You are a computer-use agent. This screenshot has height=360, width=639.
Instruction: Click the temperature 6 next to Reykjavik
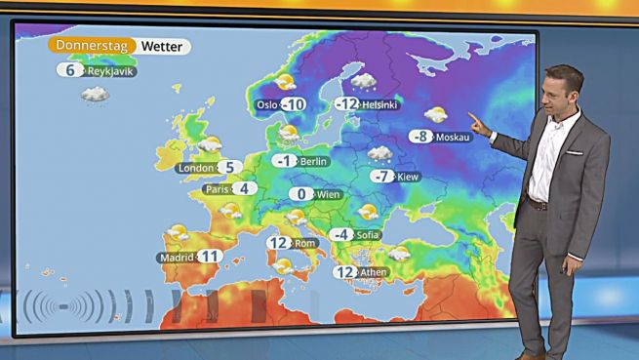coord(69,70)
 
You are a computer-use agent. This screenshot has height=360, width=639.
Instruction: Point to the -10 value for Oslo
coord(293,104)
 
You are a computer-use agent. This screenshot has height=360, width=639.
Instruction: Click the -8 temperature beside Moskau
coord(421,137)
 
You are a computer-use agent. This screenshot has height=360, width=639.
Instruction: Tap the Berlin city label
coord(314,161)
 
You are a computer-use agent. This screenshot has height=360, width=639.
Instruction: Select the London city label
coord(195,168)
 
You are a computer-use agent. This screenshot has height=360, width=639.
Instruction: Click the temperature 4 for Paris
coord(245,188)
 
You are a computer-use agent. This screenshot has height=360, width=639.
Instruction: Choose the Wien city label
coord(329,194)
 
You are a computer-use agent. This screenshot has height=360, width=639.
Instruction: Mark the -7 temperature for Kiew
coord(382,177)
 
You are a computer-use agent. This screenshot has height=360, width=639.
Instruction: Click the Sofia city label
coord(368,235)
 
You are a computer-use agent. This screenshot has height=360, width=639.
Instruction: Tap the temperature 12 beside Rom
coord(279,243)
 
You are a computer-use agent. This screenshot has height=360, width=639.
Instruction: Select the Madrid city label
coord(177,257)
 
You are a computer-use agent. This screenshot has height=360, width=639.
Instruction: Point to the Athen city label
coord(373,272)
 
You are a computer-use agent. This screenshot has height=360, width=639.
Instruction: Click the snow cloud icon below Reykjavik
coord(95,95)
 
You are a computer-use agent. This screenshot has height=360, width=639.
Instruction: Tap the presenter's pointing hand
coord(477,121)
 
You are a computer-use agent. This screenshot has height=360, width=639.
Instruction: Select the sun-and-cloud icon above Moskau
coord(436,115)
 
